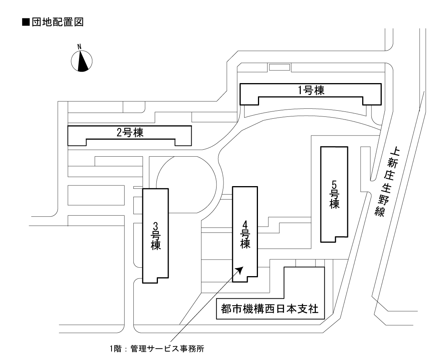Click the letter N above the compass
(80, 46)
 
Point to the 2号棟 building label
(130, 133)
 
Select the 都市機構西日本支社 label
(270, 309)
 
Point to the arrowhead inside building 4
(240, 270)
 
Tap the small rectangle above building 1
(279, 67)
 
